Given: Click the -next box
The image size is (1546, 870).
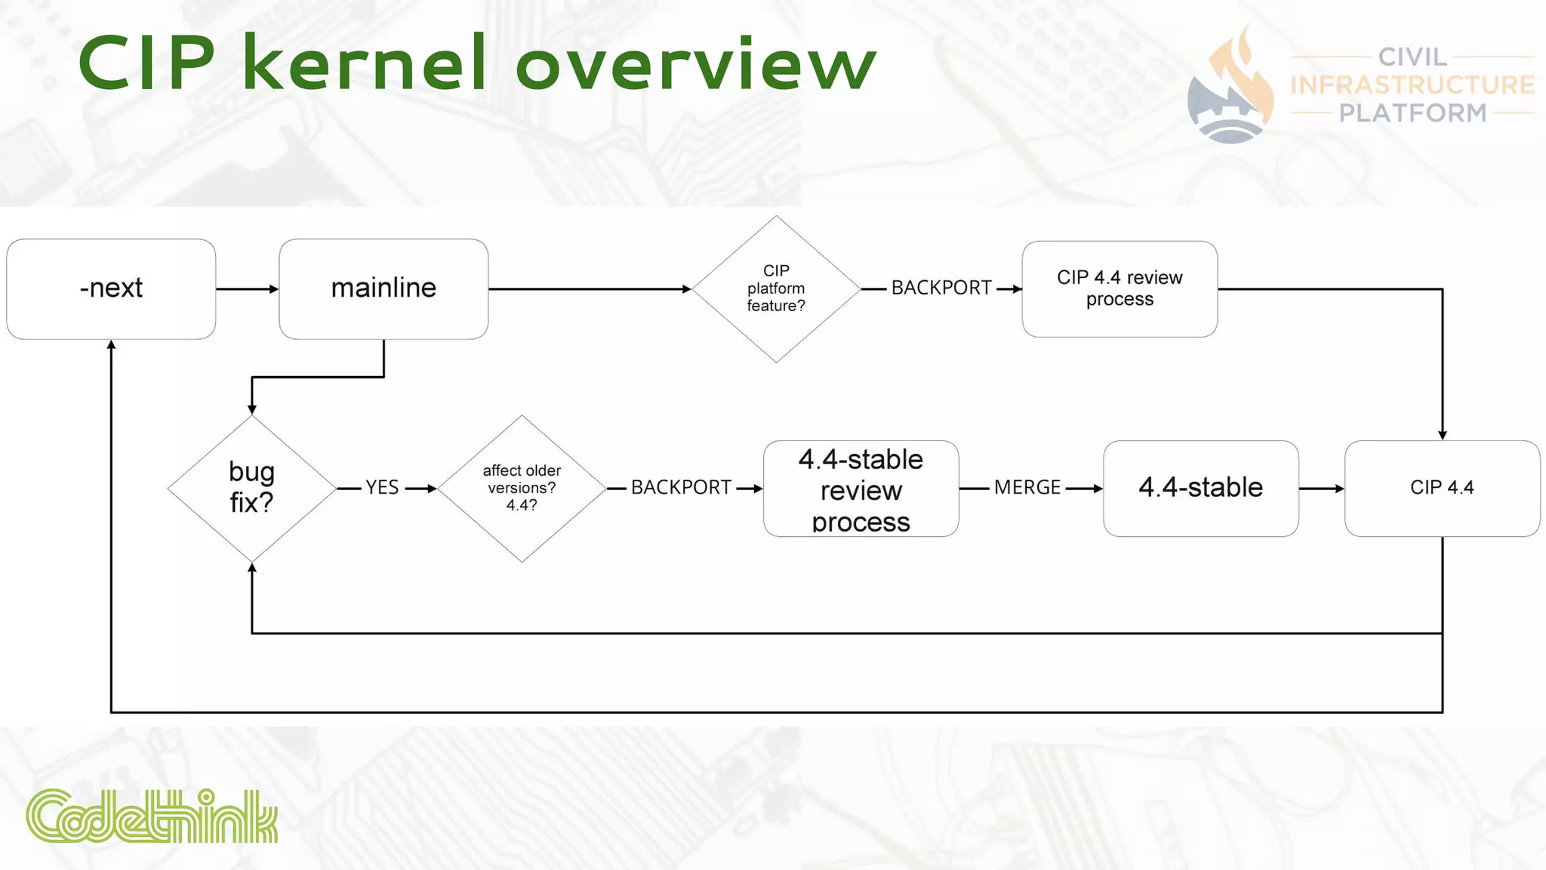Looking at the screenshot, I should (x=111, y=288).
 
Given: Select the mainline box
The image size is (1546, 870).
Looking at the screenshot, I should (x=383, y=288).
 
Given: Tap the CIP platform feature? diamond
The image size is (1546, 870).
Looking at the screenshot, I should (x=775, y=288).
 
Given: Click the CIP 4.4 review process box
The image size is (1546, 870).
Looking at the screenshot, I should (x=1119, y=288).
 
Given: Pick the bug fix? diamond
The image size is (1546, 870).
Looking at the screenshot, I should (x=251, y=488).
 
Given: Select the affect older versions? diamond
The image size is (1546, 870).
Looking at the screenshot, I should (x=522, y=488).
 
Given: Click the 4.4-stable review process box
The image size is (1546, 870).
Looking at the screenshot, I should (x=861, y=489).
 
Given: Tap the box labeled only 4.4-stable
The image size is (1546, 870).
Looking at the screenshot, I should (x=1200, y=488).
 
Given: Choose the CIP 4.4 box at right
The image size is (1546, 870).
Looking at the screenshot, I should (x=1442, y=488).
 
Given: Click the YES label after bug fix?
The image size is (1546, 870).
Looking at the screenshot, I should (x=382, y=488).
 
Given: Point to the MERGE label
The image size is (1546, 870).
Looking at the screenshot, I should (x=1027, y=488).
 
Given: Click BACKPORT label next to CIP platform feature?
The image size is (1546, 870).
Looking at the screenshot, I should (x=941, y=288).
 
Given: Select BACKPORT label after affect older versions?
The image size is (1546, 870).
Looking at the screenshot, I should (x=681, y=488).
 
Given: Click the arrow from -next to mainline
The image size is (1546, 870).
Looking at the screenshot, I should (x=247, y=288).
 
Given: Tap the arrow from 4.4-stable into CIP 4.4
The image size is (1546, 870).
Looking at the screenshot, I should (x=1321, y=489).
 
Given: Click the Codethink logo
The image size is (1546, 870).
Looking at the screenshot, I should (x=152, y=816).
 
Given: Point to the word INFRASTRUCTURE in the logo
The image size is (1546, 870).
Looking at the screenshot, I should (x=1412, y=85).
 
